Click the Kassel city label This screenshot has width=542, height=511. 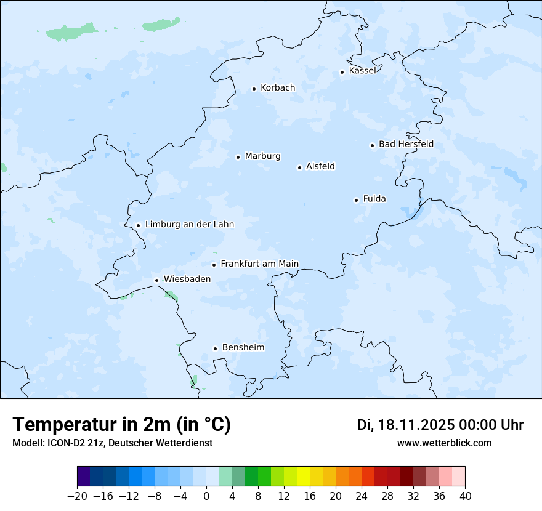click(x=362, y=71)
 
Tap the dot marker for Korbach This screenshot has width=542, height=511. click(x=254, y=89)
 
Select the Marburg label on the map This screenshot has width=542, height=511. click(x=262, y=156)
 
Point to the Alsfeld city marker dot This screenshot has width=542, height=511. click(x=299, y=167)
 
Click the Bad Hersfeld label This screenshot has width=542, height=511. click(x=406, y=145)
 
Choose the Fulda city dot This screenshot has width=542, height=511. click(x=356, y=200)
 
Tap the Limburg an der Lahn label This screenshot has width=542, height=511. click(x=189, y=225)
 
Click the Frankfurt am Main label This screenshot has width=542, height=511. click(x=259, y=264)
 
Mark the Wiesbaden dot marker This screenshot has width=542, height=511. click(x=156, y=280)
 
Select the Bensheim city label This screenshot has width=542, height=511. click(x=243, y=348)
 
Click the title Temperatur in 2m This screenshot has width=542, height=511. click(x=121, y=425)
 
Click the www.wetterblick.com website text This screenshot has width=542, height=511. click(x=444, y=443)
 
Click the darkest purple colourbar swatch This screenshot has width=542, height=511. click(x=84, y=477)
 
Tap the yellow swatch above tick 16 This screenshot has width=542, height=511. click(x=303, y=477)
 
